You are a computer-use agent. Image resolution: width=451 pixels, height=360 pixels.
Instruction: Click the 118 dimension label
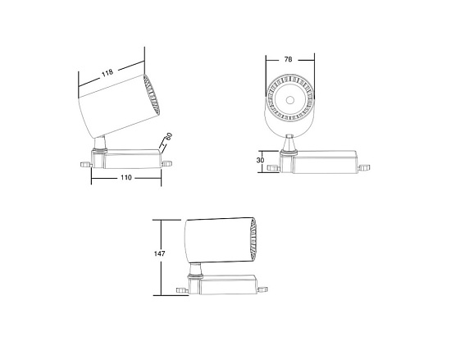(x=107, y=74)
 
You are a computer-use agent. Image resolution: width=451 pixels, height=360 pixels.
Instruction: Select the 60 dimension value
(x=168, y=138)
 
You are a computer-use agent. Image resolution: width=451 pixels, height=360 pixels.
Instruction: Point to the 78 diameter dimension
(x=289, y=60)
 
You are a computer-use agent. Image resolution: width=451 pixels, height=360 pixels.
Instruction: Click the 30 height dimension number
(x=260, y=160)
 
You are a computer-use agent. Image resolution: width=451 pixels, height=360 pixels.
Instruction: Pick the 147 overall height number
(x=161, y=254)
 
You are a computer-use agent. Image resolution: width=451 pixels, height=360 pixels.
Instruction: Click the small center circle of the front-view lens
(x=290, y=99)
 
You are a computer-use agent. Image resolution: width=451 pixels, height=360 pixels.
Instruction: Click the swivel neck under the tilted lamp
(x=100, y=145)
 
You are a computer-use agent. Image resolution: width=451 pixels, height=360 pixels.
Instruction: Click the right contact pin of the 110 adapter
(x=168, y=163)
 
